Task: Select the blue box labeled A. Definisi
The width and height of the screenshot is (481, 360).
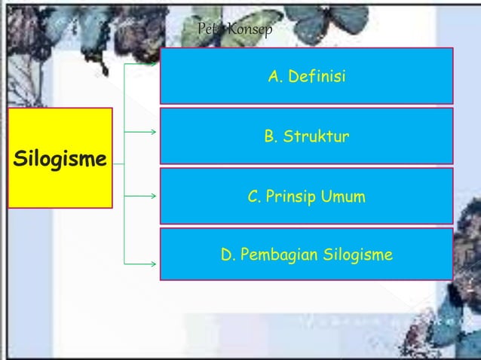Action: (x=306, y=75)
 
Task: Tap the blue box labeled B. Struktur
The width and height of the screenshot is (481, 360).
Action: (x=306, y=136)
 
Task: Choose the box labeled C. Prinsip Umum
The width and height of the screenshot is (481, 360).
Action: (x=306, y=196)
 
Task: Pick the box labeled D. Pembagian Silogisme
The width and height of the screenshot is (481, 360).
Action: (x=306, y=255)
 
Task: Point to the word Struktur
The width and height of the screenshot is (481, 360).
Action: (x=317, y=137)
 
